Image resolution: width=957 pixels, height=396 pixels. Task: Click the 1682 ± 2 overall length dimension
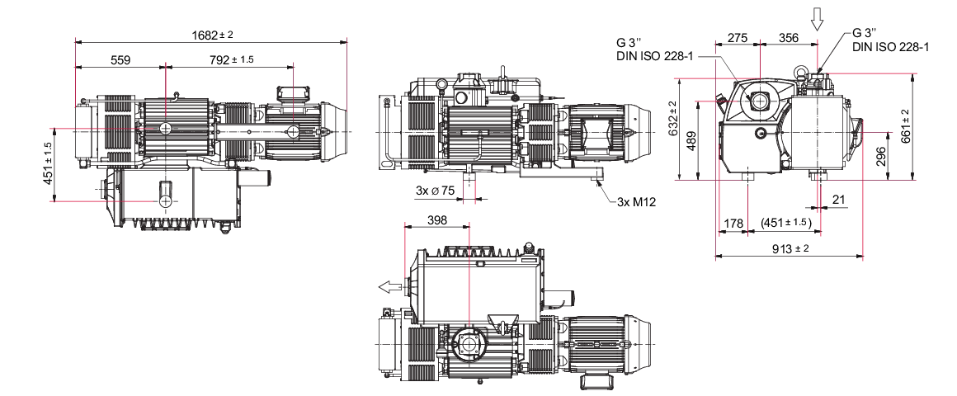click(212, 35)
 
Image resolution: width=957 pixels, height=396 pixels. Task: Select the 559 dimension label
click(120, 59)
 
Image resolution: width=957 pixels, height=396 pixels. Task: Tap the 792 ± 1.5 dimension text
click(231, 59)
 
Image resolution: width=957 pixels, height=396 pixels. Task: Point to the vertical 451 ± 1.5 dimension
click(49, 164)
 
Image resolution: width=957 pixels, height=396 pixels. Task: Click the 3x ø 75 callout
click(435, 191)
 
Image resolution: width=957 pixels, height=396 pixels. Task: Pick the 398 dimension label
click(437, 219)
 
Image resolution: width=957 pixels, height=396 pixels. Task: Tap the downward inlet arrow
click(817, 20)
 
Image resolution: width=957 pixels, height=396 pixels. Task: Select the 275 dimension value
click(738, 38)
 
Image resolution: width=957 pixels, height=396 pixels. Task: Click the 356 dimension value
click(789, 38)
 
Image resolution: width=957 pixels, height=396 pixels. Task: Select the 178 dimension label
click(733, 224)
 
